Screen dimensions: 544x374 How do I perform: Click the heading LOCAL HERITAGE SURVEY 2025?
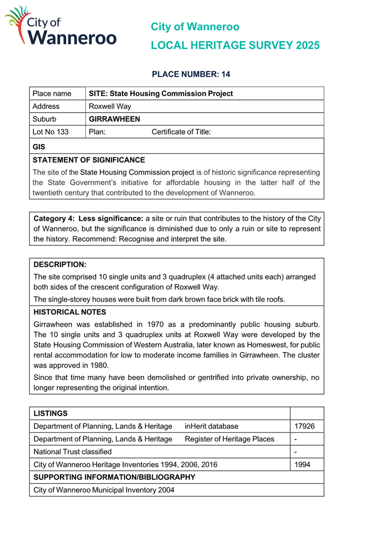click(235, 46)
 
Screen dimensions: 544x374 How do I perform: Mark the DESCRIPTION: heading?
click(60, 264)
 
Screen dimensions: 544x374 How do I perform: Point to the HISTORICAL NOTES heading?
click(70, 311)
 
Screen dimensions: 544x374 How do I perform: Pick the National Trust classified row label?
click(73, 452)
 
